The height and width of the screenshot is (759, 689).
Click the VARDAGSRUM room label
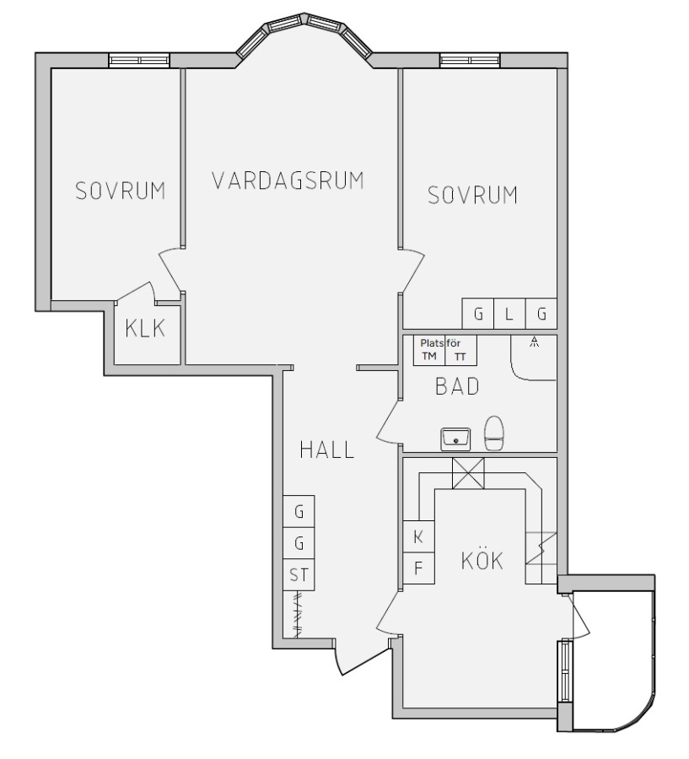click(288, 180)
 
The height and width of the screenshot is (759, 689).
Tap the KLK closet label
click(145, 328)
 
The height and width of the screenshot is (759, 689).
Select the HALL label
click(327, 449)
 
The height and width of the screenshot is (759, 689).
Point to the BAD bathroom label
click(457, 386)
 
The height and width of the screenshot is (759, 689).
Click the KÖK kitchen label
click(482, 560)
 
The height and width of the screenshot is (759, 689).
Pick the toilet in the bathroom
click(494, 433)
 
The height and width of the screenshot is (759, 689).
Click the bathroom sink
click(455, 439)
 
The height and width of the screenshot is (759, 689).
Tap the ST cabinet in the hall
click(299, 575)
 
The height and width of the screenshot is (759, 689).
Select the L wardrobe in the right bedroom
click(509, 314)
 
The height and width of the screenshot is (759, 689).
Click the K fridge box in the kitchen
click(419, 536)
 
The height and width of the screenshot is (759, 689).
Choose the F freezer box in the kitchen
click(419, 568)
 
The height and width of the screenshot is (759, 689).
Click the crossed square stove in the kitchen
click(468, 473)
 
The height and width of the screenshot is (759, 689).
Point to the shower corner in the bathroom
click(533, 358)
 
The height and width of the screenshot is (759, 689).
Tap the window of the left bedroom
click(139, 60)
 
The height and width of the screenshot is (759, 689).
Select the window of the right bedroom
click(470, 60)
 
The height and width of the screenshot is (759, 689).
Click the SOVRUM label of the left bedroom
click(121, 191)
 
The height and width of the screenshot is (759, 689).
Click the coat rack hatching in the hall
click(299, 614)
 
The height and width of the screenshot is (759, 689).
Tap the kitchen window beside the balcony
click(564, 671)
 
